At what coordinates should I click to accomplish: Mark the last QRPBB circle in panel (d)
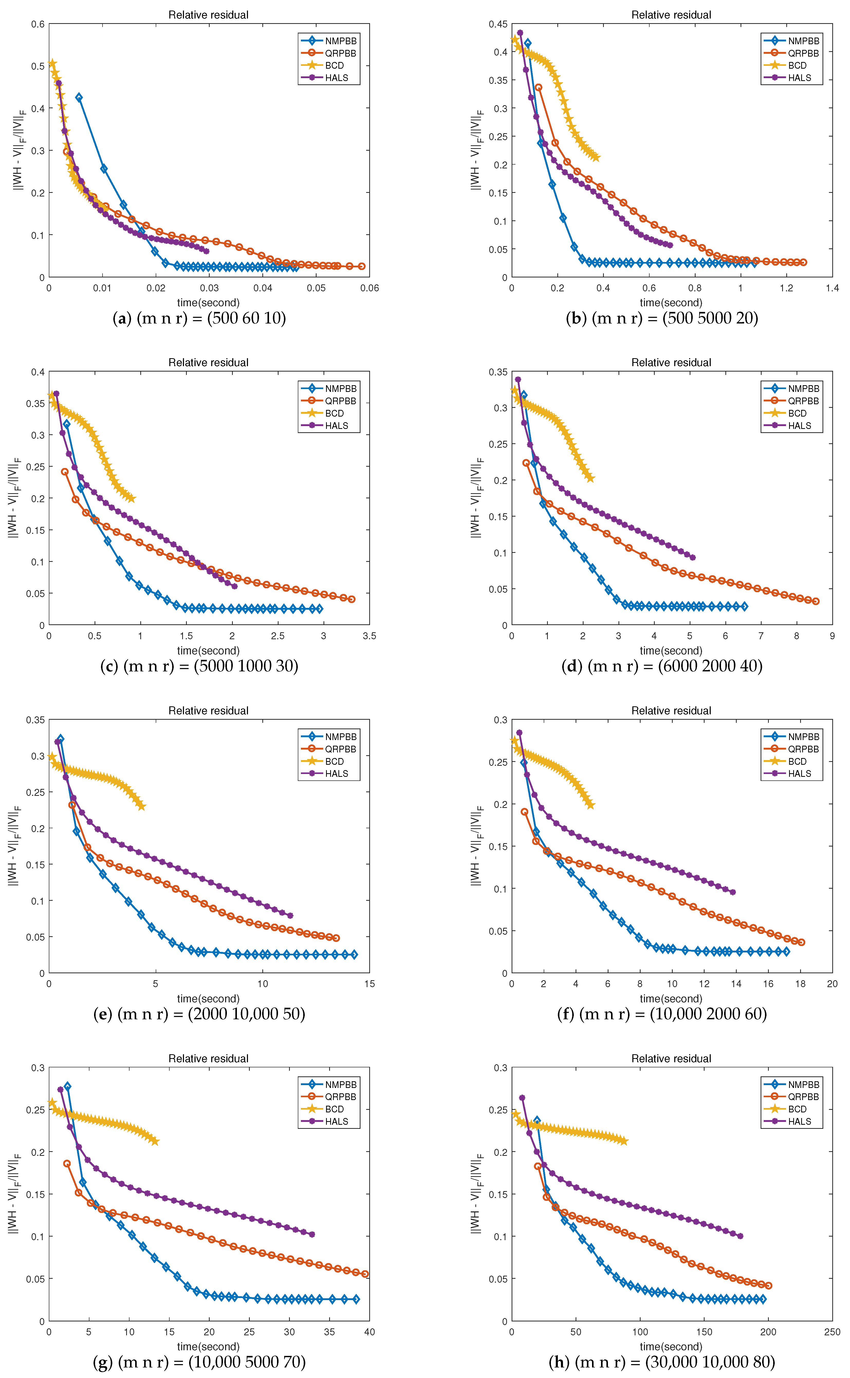[x=816, y=601]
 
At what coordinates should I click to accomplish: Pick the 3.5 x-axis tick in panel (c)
[x=369, y=636]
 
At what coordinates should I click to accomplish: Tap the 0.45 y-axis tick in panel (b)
[x=498, y=24]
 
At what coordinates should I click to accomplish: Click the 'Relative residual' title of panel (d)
[x=671, y=363]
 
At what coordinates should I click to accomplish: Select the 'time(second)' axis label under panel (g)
[x=208, y=1347]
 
